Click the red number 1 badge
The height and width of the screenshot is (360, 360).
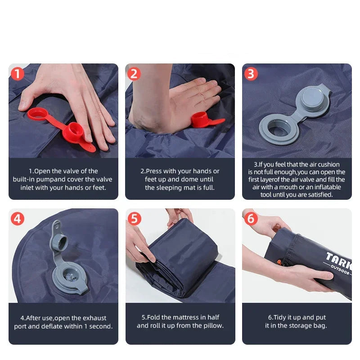pos(17,73)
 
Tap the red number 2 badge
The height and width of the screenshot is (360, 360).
pos(134,73)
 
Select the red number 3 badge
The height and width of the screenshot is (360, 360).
pos(251,73)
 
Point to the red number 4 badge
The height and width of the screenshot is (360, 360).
pos(17,219)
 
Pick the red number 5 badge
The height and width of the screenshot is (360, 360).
pos(134,219)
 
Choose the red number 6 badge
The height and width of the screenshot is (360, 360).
pos(251,219)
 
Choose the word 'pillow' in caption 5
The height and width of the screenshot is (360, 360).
pos(213,325)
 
